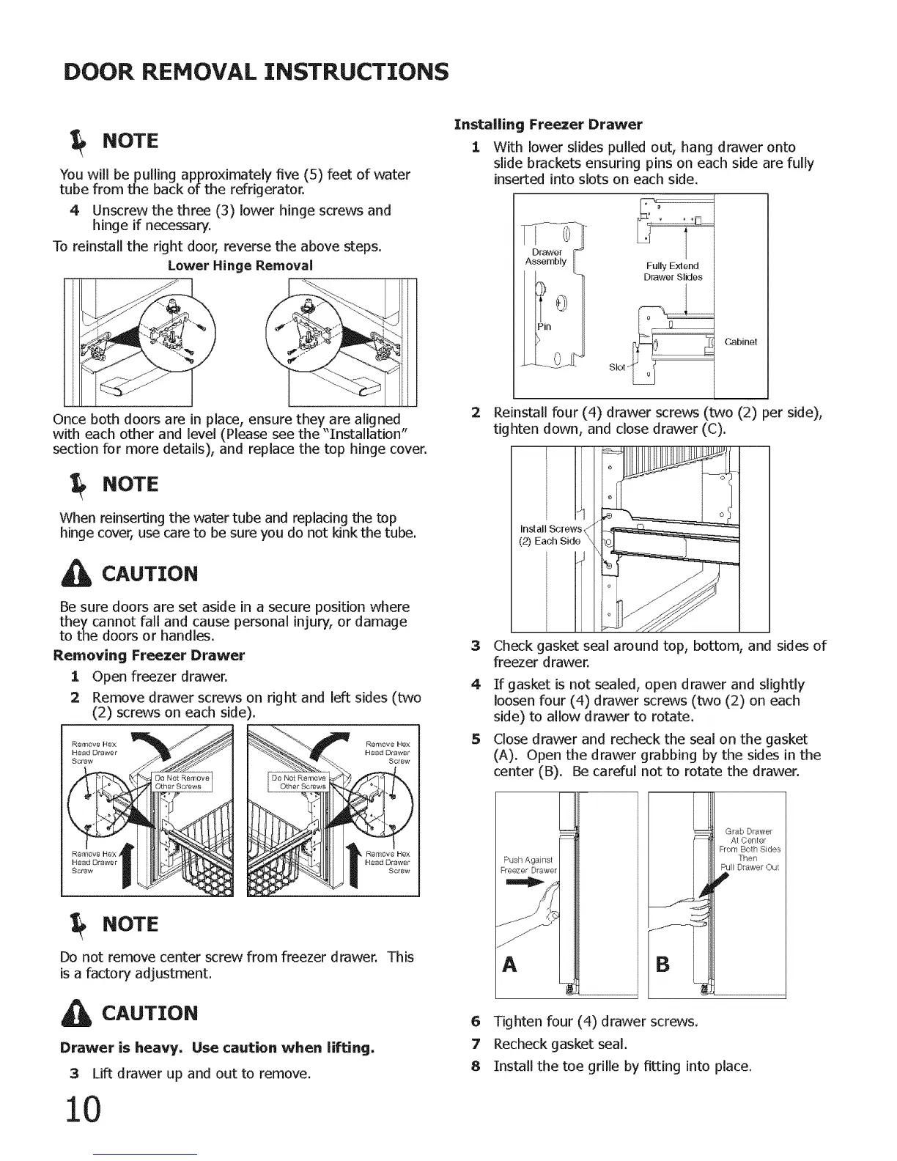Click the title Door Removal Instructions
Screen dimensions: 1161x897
coord(256,72)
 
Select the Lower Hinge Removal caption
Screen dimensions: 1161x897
coord(240,265)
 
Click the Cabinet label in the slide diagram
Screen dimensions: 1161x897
coord(740,342)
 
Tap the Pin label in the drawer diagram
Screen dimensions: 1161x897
coord(544,327)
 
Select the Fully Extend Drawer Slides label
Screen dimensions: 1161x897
coord(673,271)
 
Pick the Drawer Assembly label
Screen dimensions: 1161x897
coord(546,257)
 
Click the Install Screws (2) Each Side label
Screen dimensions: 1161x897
coord(550,535)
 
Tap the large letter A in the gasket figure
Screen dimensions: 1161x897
coord(510,964)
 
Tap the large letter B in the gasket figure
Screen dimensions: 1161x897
coord(662,963)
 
